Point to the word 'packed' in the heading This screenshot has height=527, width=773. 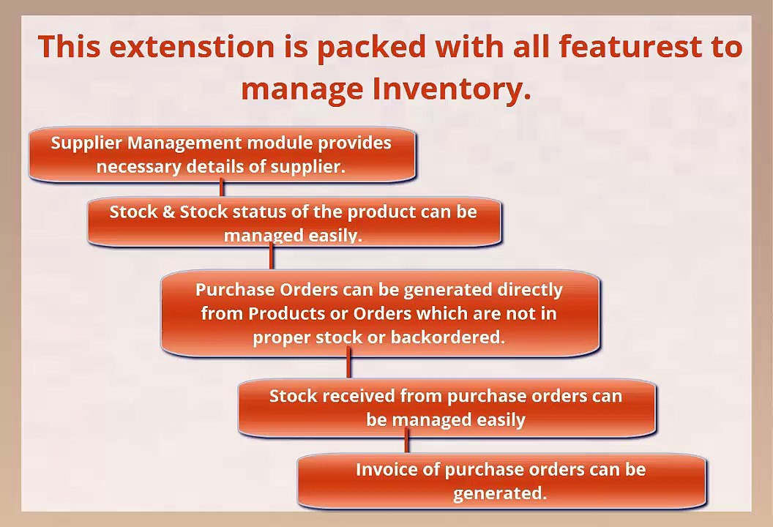tap(371, 48)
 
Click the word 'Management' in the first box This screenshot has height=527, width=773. tap(185, 143)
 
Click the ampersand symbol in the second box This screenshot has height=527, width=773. tap(168, 212)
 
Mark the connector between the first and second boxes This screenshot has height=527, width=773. tap(221, 188)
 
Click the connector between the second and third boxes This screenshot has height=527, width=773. tap(271, 256)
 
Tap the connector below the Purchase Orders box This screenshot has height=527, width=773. tap(349, 363)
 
